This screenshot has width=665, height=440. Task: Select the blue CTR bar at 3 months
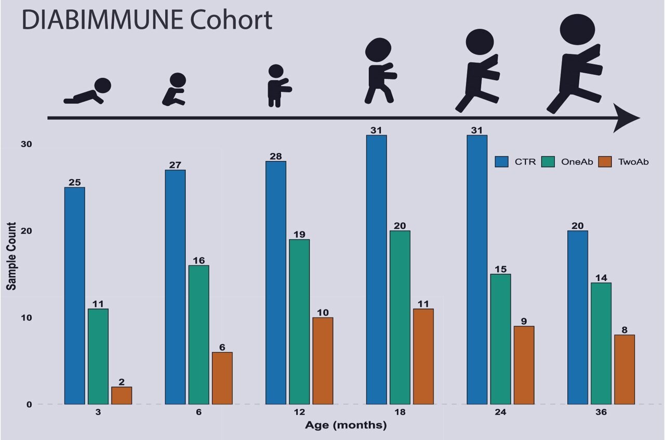74,296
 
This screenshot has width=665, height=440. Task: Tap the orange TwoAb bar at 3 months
122,395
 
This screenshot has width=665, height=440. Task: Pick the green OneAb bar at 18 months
400,317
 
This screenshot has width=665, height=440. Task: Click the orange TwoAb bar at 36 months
624,369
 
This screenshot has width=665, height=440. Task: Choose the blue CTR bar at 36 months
577,317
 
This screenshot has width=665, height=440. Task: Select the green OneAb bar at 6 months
198,335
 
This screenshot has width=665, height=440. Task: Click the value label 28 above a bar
275,156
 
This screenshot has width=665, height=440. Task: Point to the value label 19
299,234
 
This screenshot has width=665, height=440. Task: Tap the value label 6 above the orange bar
222,347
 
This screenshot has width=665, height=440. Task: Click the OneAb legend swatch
549,162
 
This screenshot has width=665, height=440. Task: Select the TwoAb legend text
633,162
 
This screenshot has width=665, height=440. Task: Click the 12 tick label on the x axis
299,412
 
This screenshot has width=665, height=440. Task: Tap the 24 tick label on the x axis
500,412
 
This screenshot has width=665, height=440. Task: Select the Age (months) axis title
345,426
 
